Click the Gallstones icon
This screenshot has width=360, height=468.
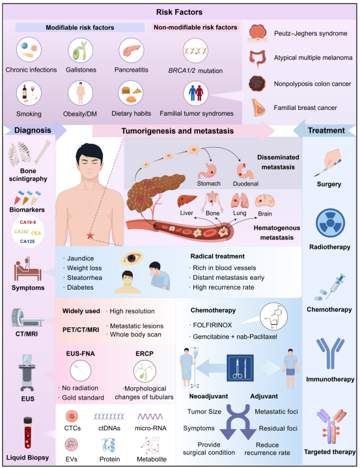pyautogui.click(x=80, y=50)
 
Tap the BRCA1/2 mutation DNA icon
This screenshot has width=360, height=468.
pyautogui.click(x=195, y=51)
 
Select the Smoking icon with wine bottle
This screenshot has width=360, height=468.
pyautogui.click(x=29, y=93)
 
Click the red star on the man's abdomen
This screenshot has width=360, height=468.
pyautogui.click(x=90, y=236)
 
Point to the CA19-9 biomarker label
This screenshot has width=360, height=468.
pyautogui.click(x=28, y=222)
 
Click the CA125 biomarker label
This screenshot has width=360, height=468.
pyautogui.click(x=27, y=241)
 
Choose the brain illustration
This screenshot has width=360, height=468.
pyautogui.click(x=264, y=202)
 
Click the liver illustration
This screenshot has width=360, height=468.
pyautogui.click(x=187, y=201)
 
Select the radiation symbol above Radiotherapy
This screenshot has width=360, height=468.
pyautogui.click(x=330, y=223)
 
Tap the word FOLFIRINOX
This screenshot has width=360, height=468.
pyautogui.click(x=212, y=325)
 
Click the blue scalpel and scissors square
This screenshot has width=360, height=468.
pyautogui.click(x=240, y=368)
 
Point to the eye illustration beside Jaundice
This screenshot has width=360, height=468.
pyautogui.click(x=132, y=258)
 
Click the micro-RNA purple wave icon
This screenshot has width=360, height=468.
pyautogui.click(x=150, y=417)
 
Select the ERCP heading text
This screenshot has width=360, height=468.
pyautogui.click(x=145, y=353)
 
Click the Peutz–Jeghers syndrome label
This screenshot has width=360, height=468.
pyautogui.click(x=311, y=33)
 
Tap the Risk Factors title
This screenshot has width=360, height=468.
pyautogui.click(x=180, y=12)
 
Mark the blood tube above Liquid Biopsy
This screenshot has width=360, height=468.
pyautogui.click(x=28, y=433)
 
